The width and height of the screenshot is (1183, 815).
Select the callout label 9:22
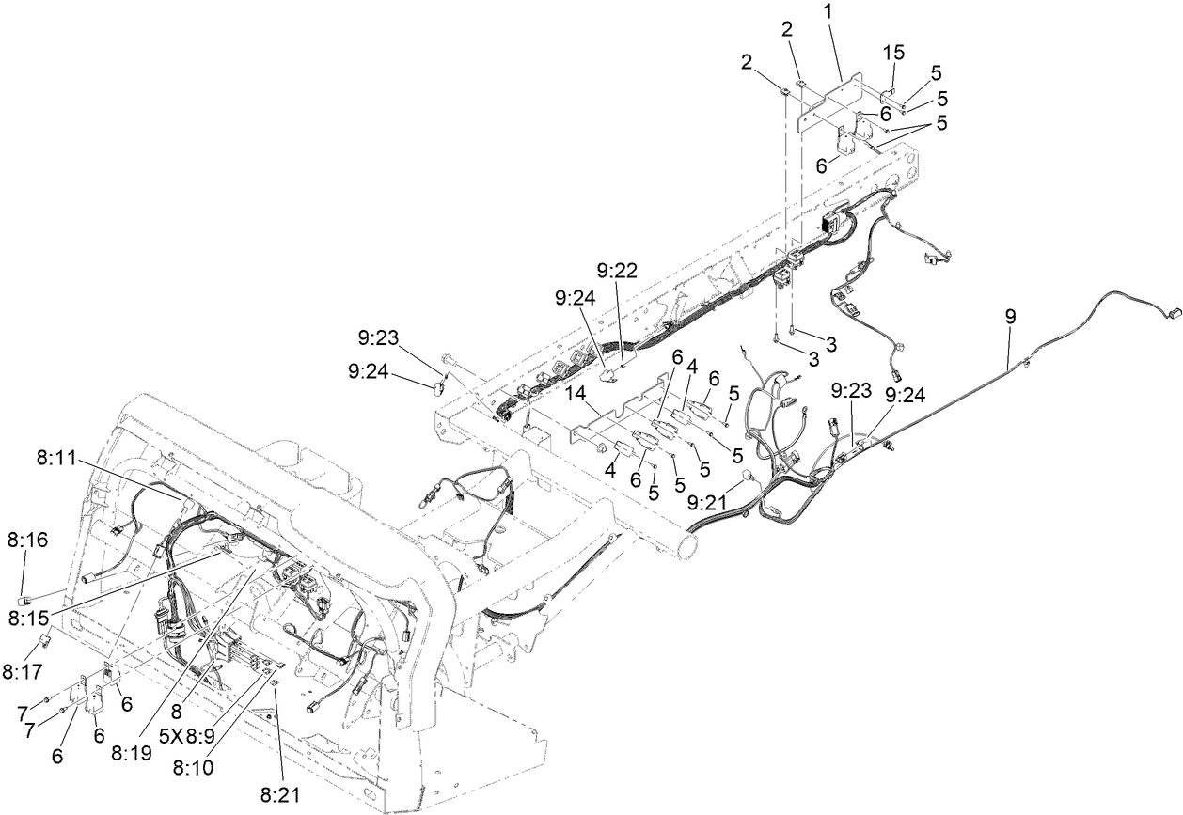tap(617, 271)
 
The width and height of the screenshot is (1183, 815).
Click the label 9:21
tap(707, 504)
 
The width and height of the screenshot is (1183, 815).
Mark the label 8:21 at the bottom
tap(280, 794)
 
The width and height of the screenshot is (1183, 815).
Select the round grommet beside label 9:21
tap(749, 477)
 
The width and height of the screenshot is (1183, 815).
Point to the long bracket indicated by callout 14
tap(621, 414)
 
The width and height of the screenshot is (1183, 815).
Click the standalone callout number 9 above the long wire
tap(1010, 317)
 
